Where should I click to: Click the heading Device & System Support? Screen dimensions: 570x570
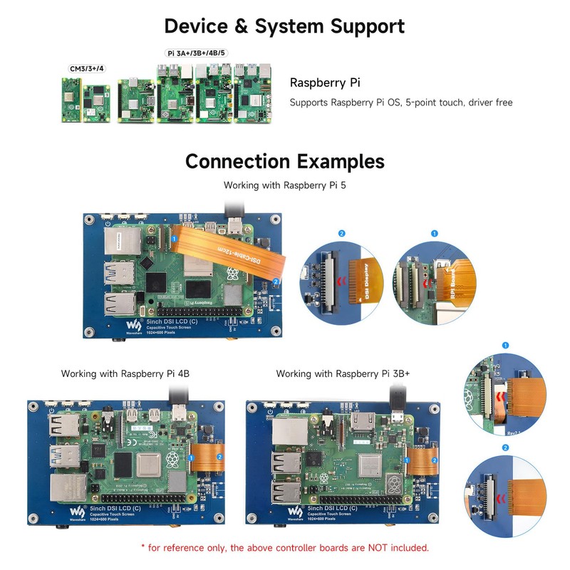pyautogui.click(x=284, y=26)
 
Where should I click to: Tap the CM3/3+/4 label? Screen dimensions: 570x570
pyautogui.click(x=86, y=68)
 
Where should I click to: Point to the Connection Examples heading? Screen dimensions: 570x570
pyautogui.click(x=284, y=161)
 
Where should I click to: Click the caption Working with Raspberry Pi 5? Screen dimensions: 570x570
pyautogui.click(x=285, y=185)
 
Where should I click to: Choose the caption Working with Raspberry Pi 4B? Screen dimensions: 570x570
pyautogui.click(x=125, y=373)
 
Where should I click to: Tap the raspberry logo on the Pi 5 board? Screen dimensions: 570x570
pyautogui.click(x=232, y=274)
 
